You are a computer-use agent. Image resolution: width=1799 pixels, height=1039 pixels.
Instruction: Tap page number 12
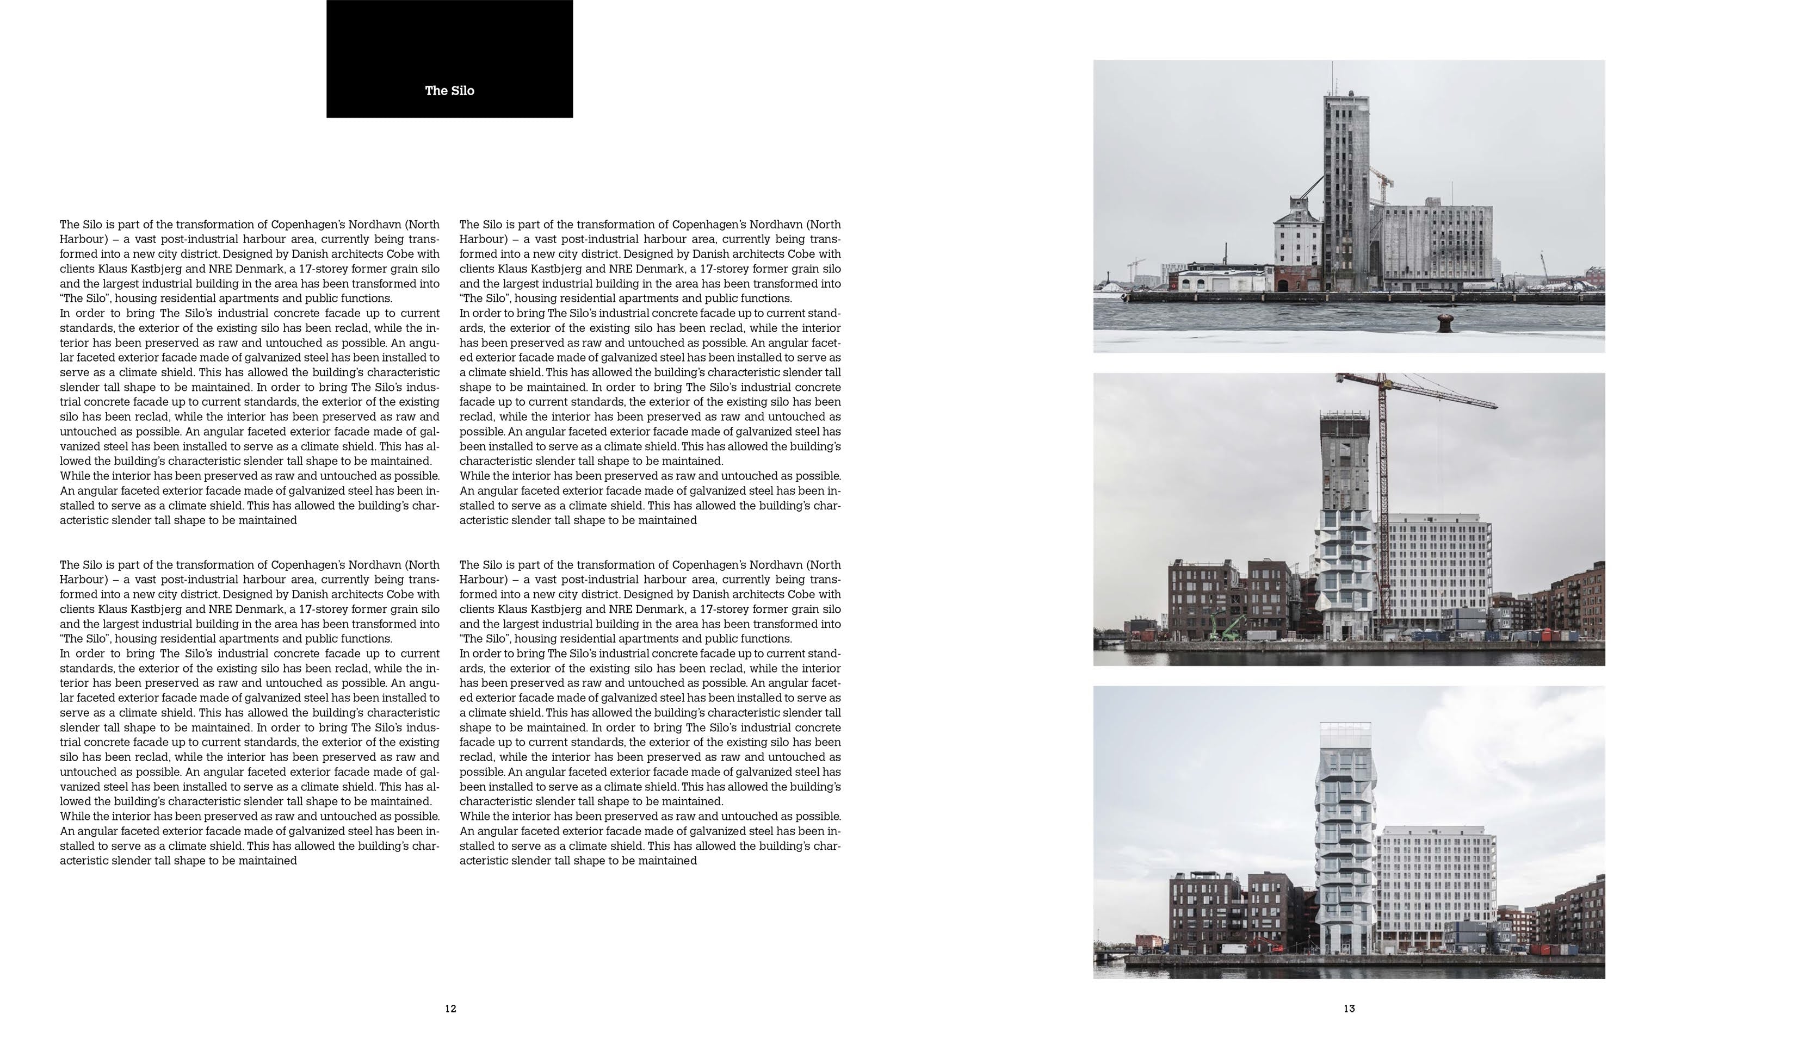coord(450,1009)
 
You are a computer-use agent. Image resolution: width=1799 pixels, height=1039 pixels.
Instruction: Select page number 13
coord(1349,1009)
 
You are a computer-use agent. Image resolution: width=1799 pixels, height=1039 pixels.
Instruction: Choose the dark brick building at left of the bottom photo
coord(1207,913)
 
